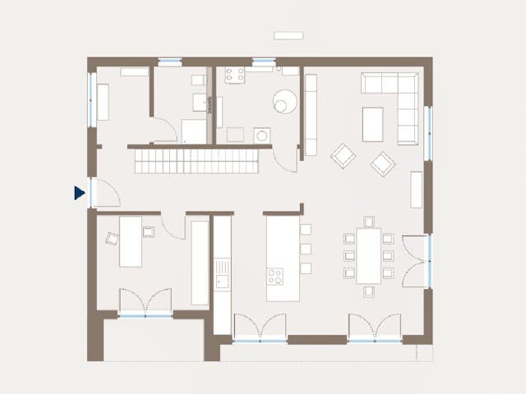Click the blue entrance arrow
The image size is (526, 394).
click(79, 194)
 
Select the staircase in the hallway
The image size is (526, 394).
click(198, 160)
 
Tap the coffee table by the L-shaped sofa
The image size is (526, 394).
click(372, 124)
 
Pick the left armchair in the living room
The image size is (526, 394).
click(343, 155)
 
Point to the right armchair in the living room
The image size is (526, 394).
click(382, 163)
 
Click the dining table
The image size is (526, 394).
click(368, 255)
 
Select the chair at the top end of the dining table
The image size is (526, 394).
click(368, 221)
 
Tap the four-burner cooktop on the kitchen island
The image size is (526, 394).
click(275, 276)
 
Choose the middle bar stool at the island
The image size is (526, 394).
click(306, 249)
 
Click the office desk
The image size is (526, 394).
click(130, 241)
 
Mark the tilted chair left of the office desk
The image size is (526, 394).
click(111, 239)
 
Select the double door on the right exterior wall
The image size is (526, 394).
click(426, 260)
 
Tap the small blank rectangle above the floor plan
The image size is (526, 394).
click(289, 35)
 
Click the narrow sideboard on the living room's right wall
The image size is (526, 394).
click(416, 189)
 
